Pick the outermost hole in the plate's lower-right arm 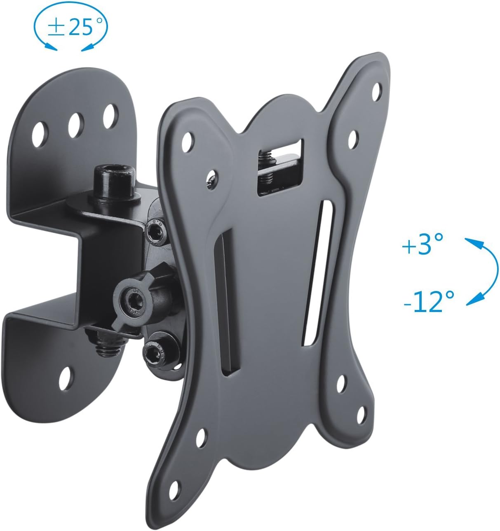pyautogui.click(x=362, y=414)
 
